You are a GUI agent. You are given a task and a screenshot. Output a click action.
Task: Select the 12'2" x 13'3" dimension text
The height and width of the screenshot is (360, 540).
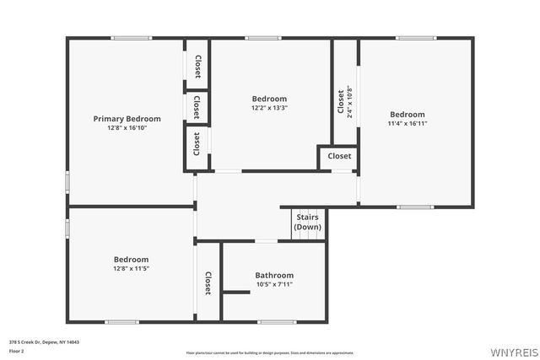[269, 108]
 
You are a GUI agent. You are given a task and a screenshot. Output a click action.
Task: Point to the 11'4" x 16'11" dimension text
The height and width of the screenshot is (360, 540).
[407, 123]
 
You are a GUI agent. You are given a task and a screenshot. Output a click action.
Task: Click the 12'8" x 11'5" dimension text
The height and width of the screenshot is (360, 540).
[131, 268]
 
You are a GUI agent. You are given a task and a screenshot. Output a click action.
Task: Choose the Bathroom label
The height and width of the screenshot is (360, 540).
[274, 275]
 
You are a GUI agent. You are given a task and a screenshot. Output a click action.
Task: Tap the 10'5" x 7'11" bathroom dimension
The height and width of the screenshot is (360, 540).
[274, 284]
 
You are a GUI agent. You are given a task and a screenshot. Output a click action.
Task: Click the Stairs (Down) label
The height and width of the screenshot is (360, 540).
[307, 222]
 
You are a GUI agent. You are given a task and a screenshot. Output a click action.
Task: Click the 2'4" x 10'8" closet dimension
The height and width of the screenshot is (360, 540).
[349, 102]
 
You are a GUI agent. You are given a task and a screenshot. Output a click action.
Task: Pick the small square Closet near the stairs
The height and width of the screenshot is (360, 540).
[339, 156]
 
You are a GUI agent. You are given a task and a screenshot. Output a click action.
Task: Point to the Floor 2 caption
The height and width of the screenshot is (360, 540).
[18, 350]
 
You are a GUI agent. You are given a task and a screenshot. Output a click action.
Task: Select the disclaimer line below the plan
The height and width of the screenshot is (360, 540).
[269, 352]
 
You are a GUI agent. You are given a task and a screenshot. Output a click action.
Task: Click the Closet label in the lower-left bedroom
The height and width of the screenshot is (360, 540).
[208, 283]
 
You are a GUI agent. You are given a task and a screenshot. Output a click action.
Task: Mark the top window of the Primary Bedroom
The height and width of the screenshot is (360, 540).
[132, 37]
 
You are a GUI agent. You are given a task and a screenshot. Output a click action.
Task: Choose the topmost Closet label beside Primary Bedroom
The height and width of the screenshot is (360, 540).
[197, 66]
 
